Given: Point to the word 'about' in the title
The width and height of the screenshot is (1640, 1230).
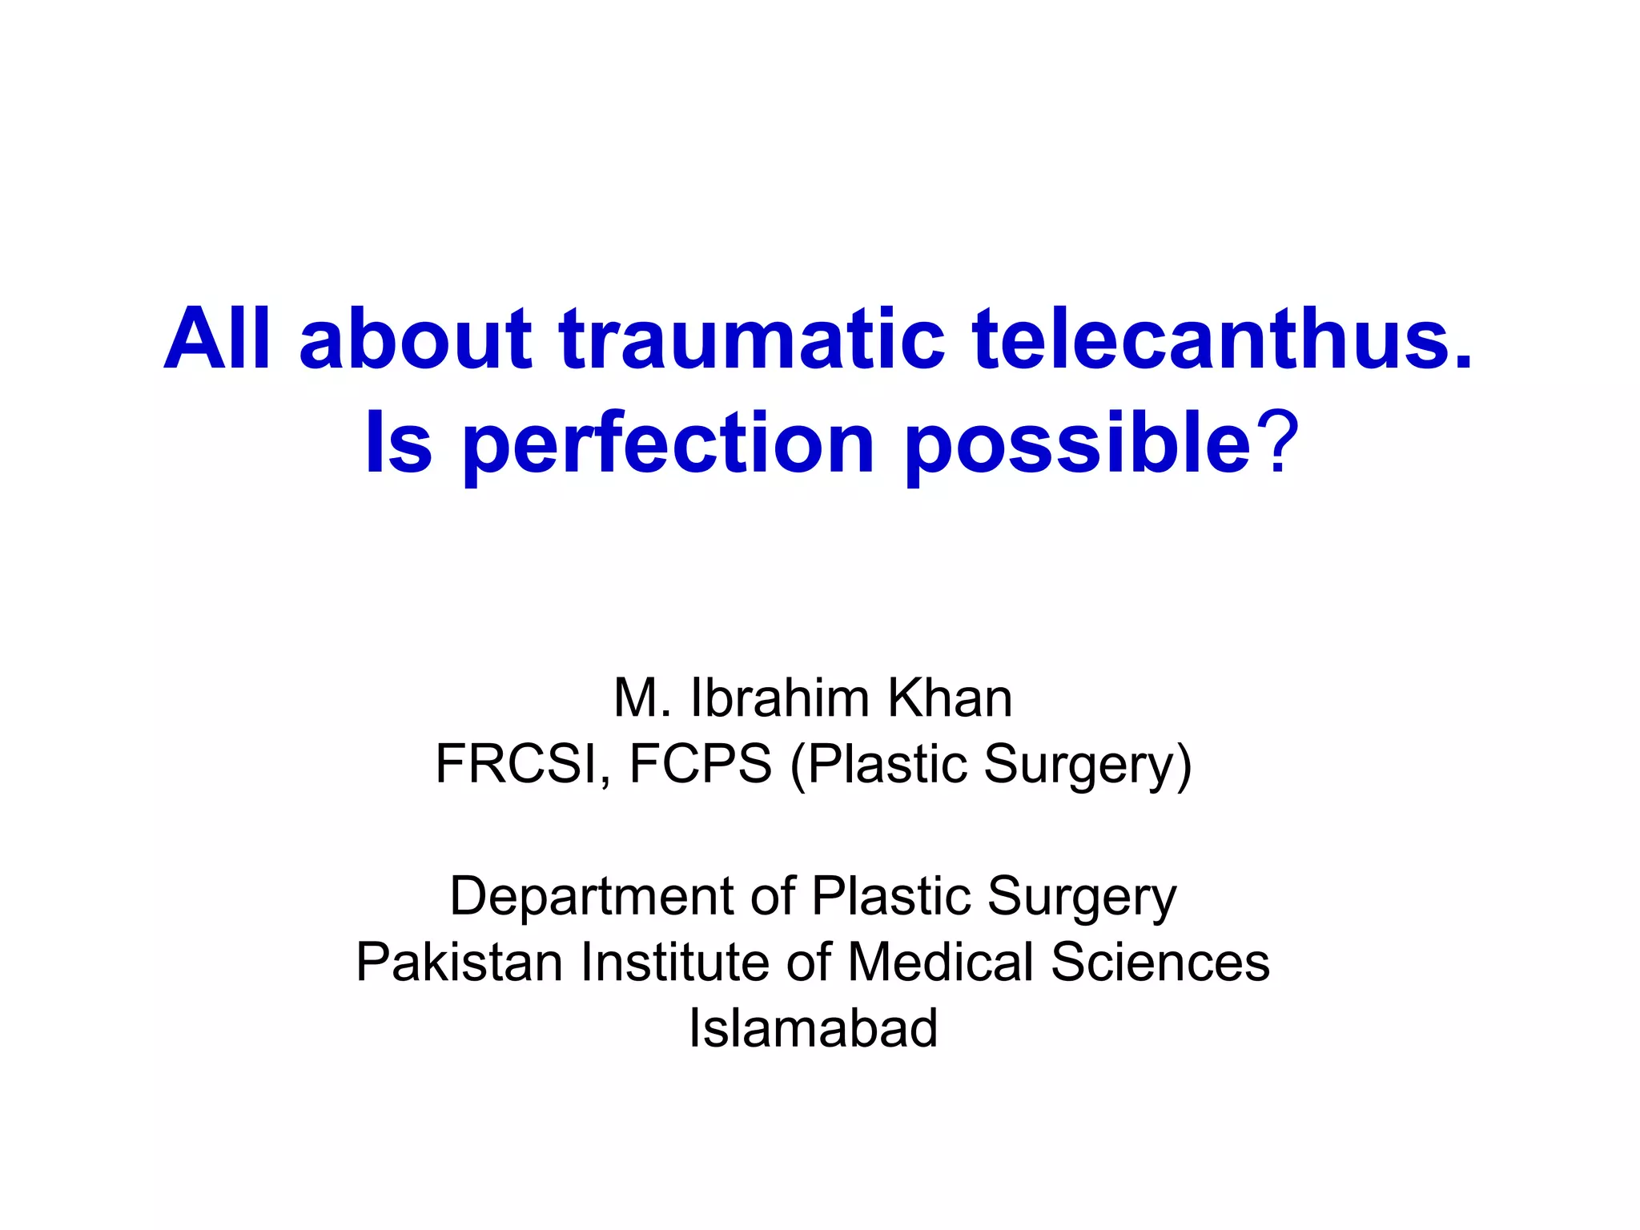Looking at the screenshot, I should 416,340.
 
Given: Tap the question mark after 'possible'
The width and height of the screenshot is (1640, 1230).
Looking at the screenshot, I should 1276,443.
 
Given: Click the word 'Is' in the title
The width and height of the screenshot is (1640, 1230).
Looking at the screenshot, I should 398,443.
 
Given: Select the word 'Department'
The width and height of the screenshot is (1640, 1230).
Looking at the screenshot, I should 593,897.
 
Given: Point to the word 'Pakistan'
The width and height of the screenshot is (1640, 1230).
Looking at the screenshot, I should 460,962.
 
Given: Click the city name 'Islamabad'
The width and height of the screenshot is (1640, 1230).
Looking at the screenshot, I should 813,1028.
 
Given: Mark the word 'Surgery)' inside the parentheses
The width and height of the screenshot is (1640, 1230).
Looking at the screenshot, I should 1087,766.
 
